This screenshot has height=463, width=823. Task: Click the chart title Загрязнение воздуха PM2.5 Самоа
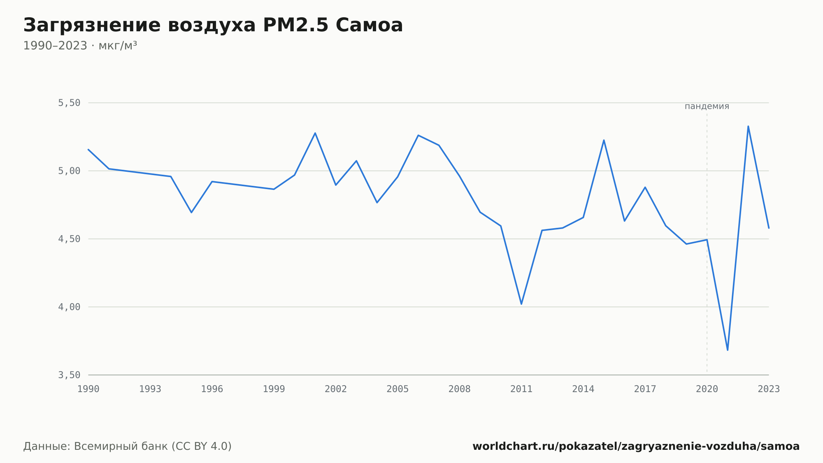click(x=213, y=25)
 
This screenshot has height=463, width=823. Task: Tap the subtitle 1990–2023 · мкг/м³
click(x=80, y=45)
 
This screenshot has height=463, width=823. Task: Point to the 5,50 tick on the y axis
click(x=69, y=103)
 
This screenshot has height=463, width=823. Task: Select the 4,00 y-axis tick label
click(x=69, y=307)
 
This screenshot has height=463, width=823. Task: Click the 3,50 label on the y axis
click(x=69, y=375)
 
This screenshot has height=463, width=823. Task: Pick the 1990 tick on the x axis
click(x=88, y=389)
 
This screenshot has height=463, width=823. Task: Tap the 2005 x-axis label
click(x=398, y=389)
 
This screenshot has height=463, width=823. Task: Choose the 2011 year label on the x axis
click(x=521, y=389)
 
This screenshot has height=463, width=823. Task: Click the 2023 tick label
click(x=769, y=389)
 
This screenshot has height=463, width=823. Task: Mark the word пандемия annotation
click(x=707, y=106)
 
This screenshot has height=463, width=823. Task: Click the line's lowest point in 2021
click(x=728, y=350)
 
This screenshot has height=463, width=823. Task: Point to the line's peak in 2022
click(x=748, y=126)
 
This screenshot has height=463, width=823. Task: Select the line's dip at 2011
click(x=521, y=304)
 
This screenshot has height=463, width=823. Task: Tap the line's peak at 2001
click(x=315, y=133)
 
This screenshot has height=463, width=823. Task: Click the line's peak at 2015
click(x=604, y=140)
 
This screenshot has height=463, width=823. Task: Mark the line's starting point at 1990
click(x=88, y=150)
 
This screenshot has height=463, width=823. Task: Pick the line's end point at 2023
click(x=769, y=228)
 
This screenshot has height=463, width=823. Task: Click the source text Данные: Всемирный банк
click(x=96, y=446)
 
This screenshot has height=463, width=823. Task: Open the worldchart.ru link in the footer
click(x=636, y=446)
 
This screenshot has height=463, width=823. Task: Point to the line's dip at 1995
click(x=191, y=213)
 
